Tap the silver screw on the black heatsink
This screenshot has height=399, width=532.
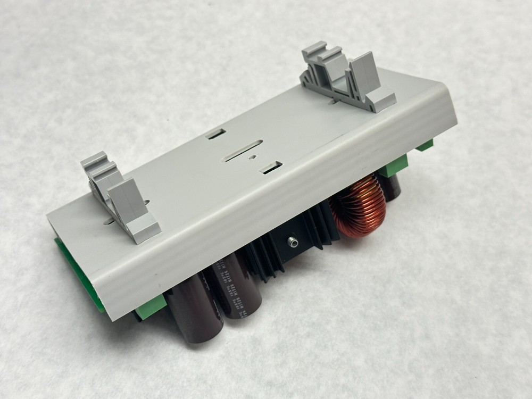pyautogui.click(x=292, y=243)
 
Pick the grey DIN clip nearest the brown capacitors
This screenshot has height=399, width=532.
pyautogui.click(x=120, y=197)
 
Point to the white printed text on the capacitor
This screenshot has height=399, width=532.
pyautogui.click(x=234, y=293)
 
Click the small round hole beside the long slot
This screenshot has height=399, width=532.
pyautogui.click(x=253, y=157)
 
